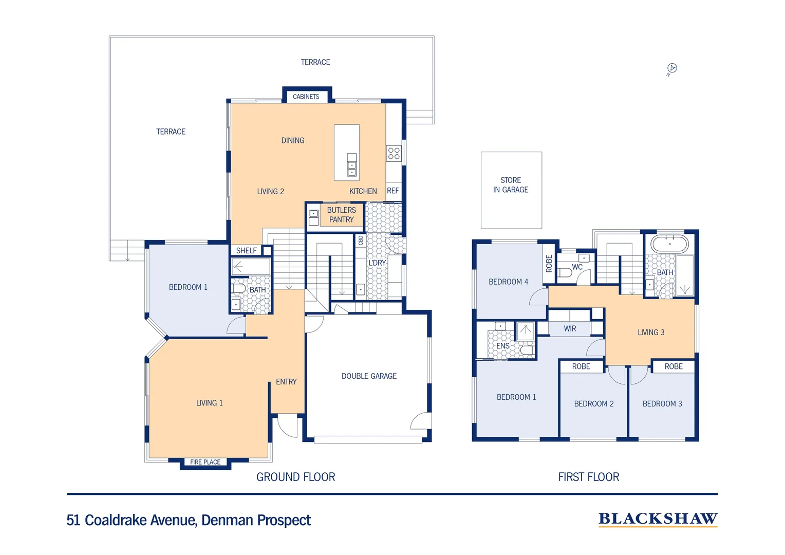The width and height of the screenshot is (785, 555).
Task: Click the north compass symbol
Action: pyautogui.click(x=671, y=69)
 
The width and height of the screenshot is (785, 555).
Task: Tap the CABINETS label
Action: pyautogui.click(x=306, y=97)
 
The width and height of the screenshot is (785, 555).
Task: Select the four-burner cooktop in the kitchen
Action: pyautogui.click(x=394, y=154)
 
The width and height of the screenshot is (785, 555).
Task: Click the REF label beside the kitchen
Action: pyautogui.click(x=393, y=191)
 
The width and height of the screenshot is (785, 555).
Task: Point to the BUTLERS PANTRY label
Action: pyautogui.click(x=341, y=215)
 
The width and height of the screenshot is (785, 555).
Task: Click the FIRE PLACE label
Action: pyautogui.click(x=205, y=462)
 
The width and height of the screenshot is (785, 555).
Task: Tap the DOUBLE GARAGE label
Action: pyautogui.click(x=369, y=376)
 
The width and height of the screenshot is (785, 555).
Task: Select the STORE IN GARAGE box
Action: pyautogui.click(x=511, y=190)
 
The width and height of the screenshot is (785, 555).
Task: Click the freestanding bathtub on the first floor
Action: pyautogui.click(x=670, y=244)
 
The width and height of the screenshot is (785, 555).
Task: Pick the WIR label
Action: pyautogui.click(x=570, y=329)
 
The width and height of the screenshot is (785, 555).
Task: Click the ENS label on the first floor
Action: pyautogui.click(x=503, y=346)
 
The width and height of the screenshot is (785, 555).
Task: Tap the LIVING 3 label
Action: pyautogui.click(x=651, y=332)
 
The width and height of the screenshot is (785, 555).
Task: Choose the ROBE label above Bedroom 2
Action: pyautogui.click(x=581, y=366)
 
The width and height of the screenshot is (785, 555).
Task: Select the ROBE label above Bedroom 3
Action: pyautogui.click(x=674, y=366)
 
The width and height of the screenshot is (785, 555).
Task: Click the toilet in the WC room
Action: pyautogui.click(x=565, y=272)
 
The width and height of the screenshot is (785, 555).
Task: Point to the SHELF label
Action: pyautogui.click(x=247, y=251)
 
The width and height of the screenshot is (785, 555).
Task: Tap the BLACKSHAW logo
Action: pyautogui.click(x=658, y=519)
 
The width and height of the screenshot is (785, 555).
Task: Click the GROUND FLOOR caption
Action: pyautogui.click(x=296, y=477)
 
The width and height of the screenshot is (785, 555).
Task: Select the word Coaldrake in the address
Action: pyautogui.click(x=116, y=520)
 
